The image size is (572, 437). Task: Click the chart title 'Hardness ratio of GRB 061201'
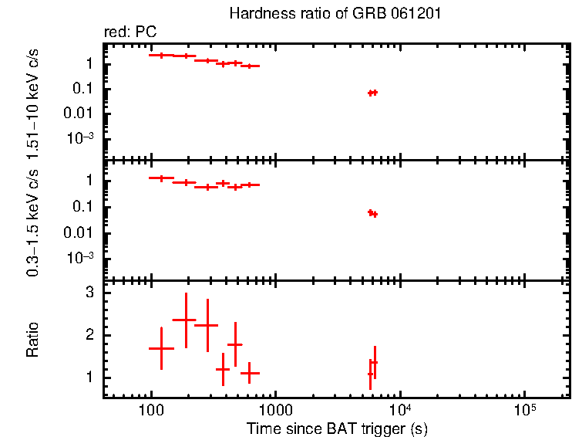click(x=335, y=14)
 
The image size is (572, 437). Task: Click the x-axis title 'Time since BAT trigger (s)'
click(x=337, y=428)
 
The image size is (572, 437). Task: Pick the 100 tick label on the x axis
click(x=151, y=410)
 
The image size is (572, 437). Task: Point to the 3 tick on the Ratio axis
click(x=89, y=293)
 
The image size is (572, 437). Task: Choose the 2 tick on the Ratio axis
click(x=89, y=335)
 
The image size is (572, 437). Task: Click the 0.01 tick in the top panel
click(x=83, y=113)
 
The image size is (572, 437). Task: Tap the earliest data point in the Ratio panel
click(x=161, y=348)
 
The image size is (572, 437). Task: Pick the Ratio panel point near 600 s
click(x=248, y=373)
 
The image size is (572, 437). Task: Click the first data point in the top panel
click(x=161, y=55)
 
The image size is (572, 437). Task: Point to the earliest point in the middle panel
click(x=161, y=178)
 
